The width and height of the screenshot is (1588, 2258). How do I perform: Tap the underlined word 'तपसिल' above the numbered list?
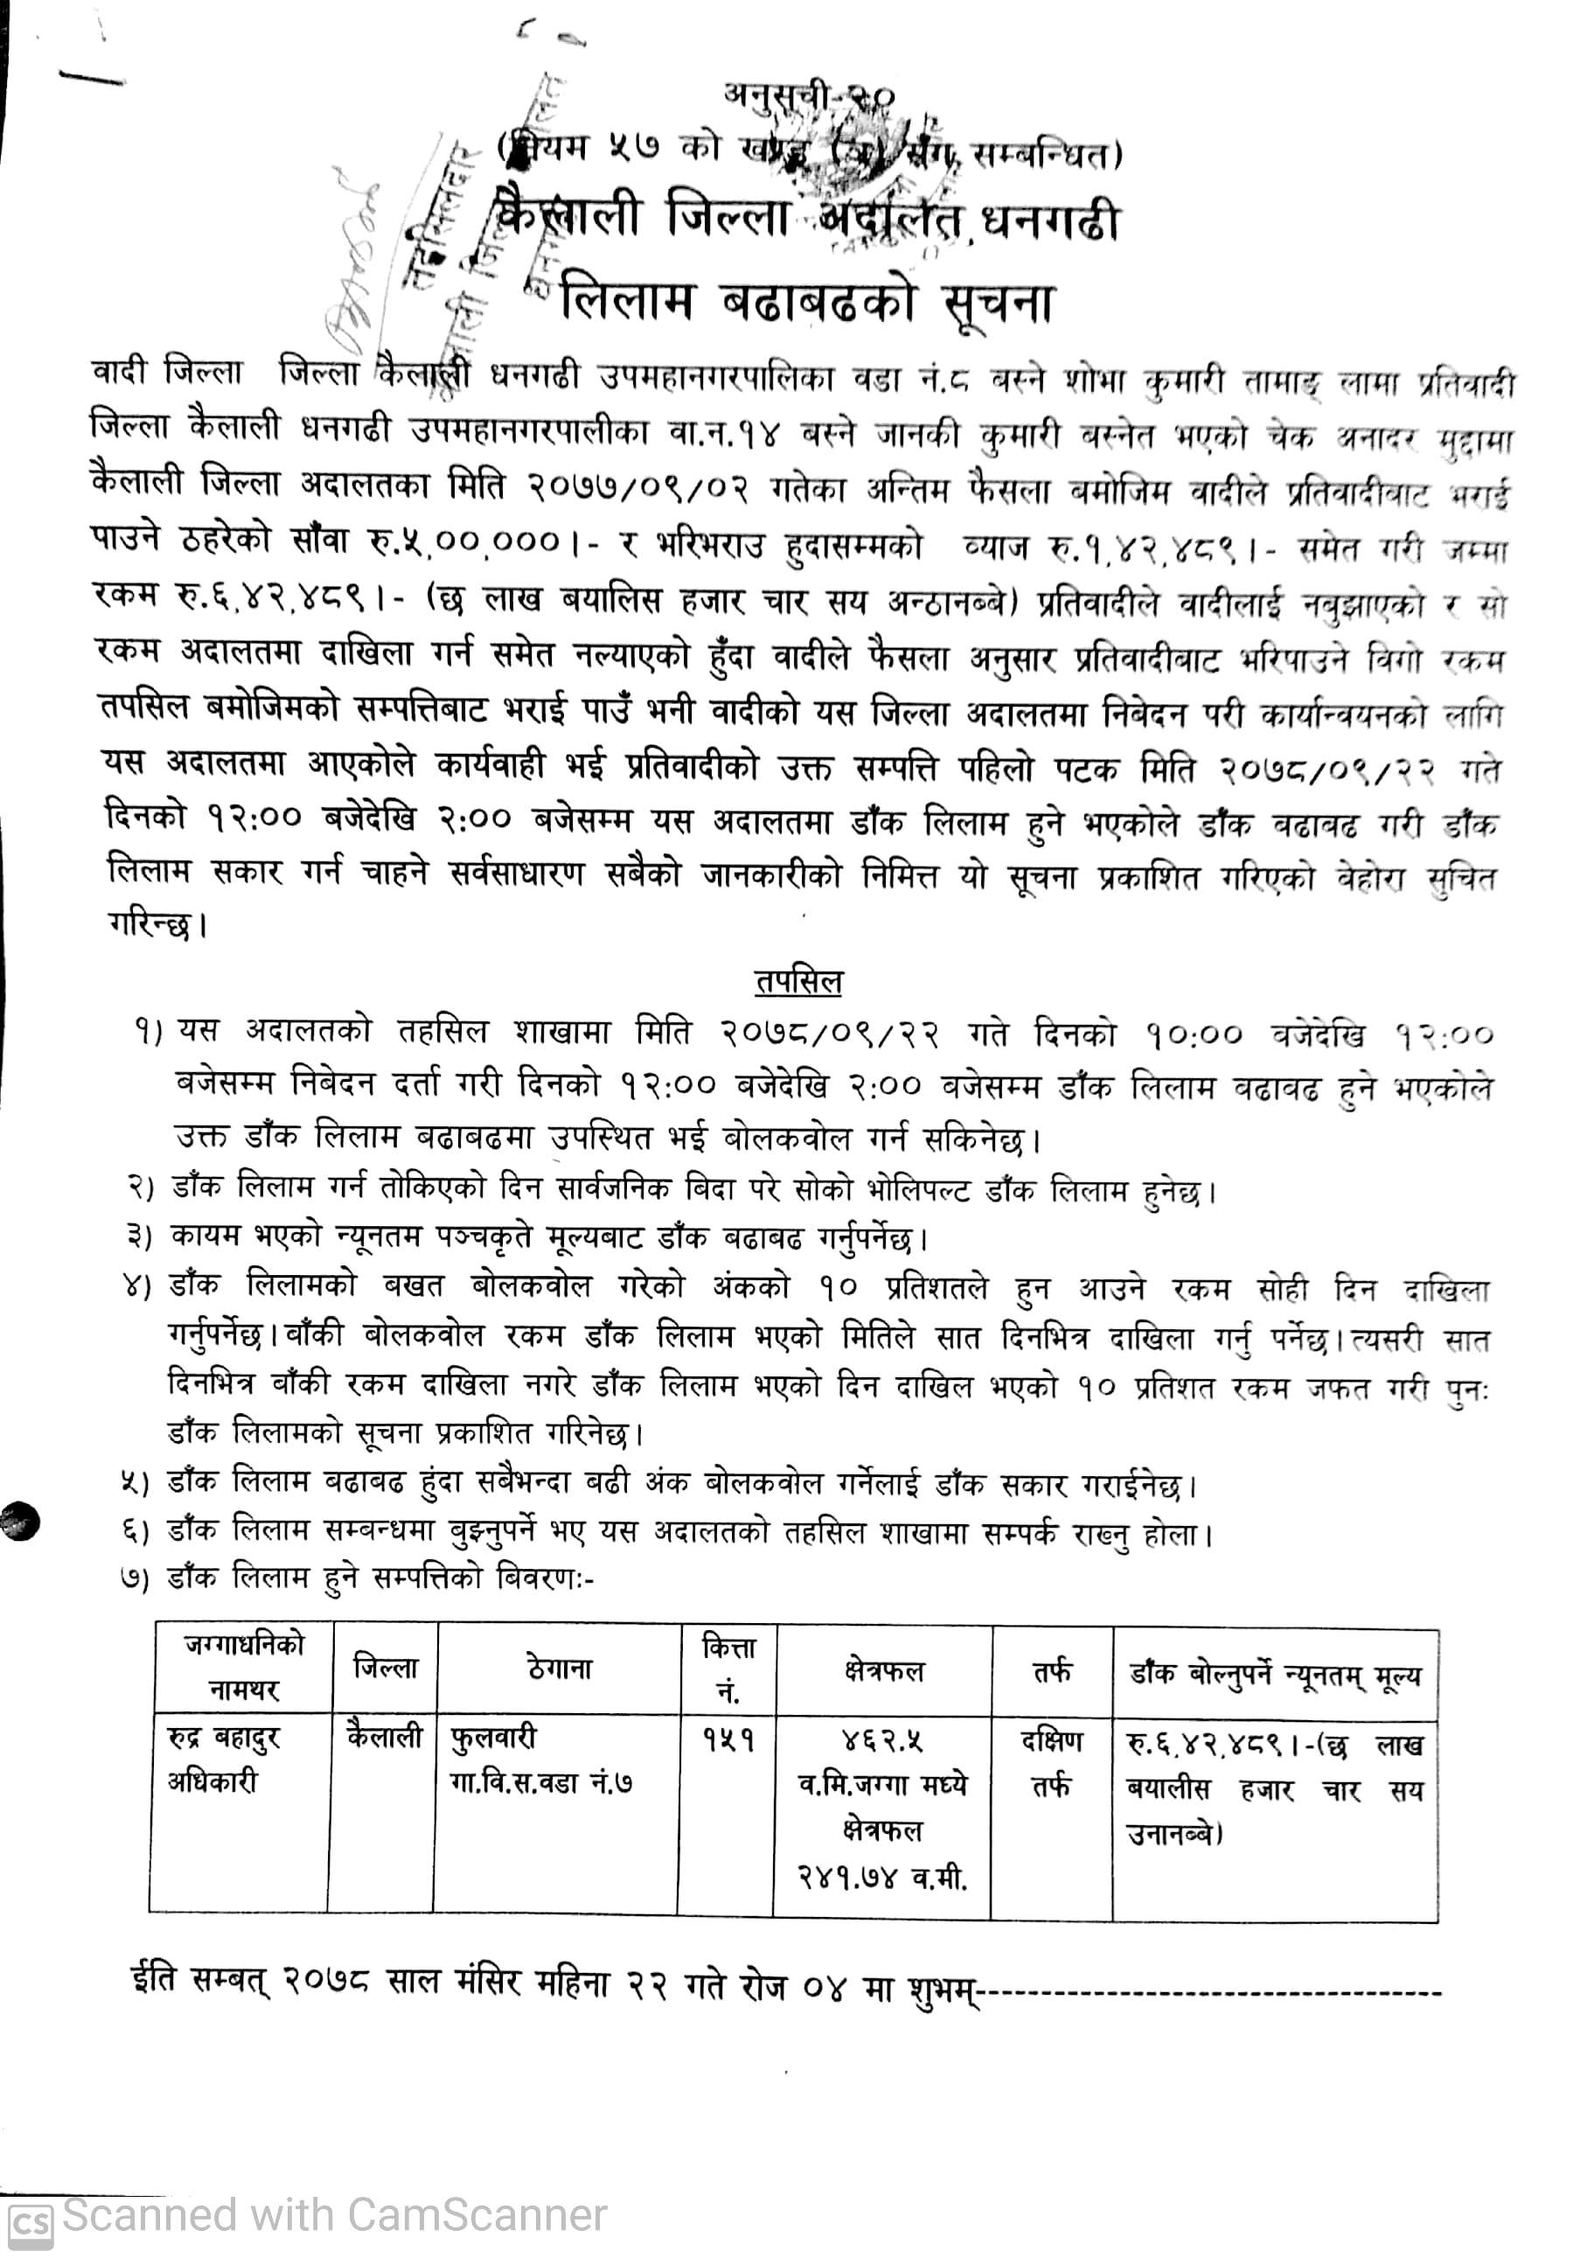tap(798, 981)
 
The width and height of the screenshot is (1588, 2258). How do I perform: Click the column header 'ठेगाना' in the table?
tap(560, 1669)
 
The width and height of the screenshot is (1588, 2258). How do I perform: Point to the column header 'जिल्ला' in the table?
tap(386, 1668)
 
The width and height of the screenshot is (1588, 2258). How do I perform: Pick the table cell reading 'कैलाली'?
tap(385, 1737)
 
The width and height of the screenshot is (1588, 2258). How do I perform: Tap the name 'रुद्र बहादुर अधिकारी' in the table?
tap(224, 1760)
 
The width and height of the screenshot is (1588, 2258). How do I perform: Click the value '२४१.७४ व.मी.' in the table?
tap(882, 1879)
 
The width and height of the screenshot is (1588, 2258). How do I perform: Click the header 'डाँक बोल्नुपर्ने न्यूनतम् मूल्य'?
tap(1274, 1674)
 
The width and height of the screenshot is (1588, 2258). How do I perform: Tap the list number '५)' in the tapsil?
tap(135, 1483)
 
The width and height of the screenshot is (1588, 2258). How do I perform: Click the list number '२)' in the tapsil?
tap(141, 1187)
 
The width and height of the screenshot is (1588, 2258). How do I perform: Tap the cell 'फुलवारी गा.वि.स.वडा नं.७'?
tap(540, 1760)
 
